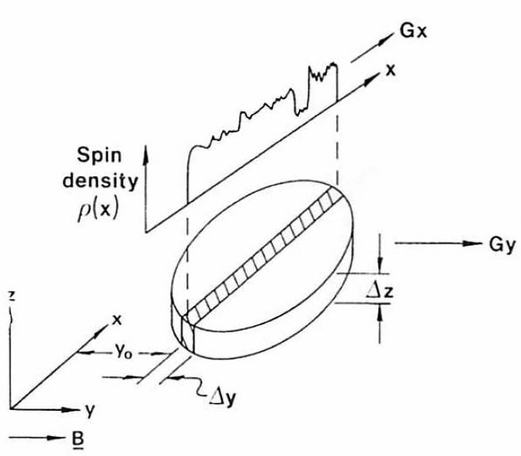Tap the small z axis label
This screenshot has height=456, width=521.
(10, 297)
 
